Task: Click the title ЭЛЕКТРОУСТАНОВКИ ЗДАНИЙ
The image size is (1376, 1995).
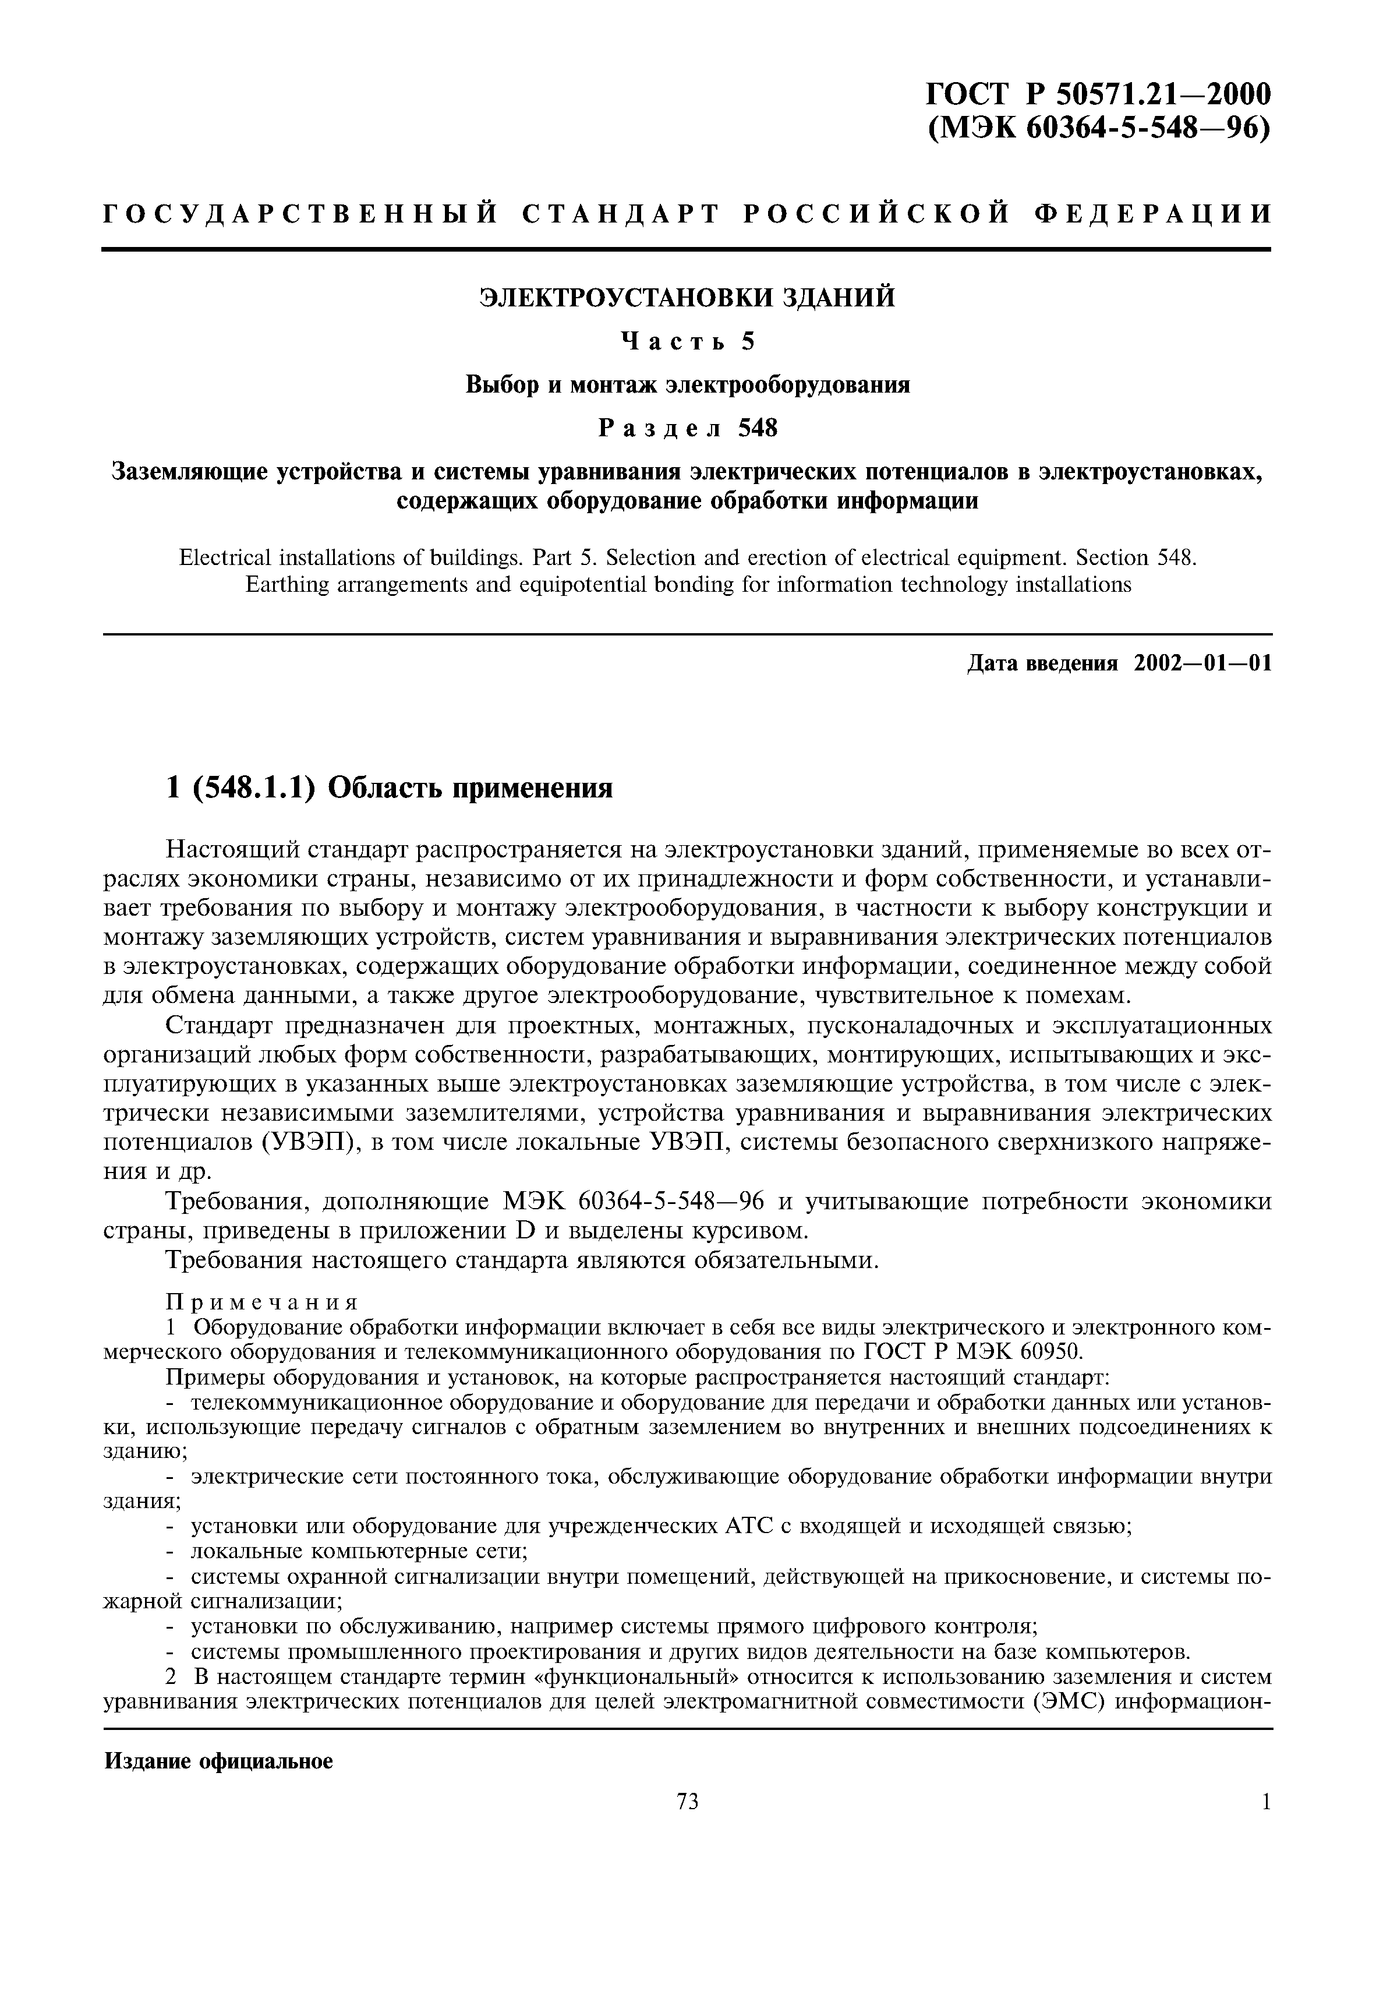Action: tap(687, 298)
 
